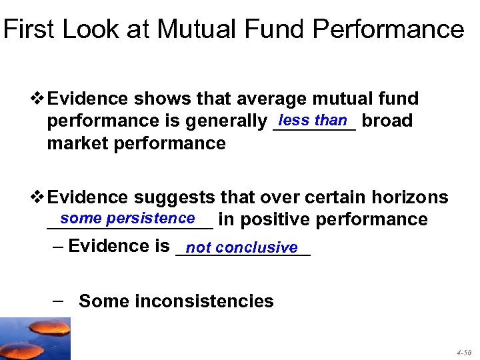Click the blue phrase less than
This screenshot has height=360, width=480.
[x=313, y=120]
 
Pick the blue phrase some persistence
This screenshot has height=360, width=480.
[x=127, y=218]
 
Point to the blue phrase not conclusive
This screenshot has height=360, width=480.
[x=242, y=247]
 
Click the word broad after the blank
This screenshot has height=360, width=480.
[x=387, y=121]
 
